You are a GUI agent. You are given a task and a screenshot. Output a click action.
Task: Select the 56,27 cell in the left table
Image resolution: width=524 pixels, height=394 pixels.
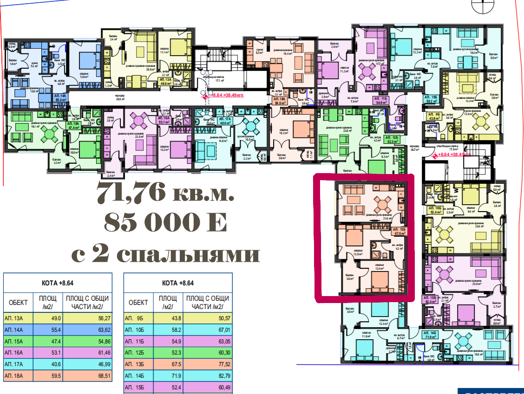88,319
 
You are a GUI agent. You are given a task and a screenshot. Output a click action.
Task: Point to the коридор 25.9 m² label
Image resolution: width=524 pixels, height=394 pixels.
121,98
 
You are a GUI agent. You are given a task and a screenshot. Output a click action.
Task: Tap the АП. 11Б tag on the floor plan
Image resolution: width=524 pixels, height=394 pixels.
380,99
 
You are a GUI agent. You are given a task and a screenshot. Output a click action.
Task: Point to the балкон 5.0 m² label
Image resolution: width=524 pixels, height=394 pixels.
493,56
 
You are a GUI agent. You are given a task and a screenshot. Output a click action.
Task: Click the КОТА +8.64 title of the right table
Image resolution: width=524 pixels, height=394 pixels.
178,283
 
